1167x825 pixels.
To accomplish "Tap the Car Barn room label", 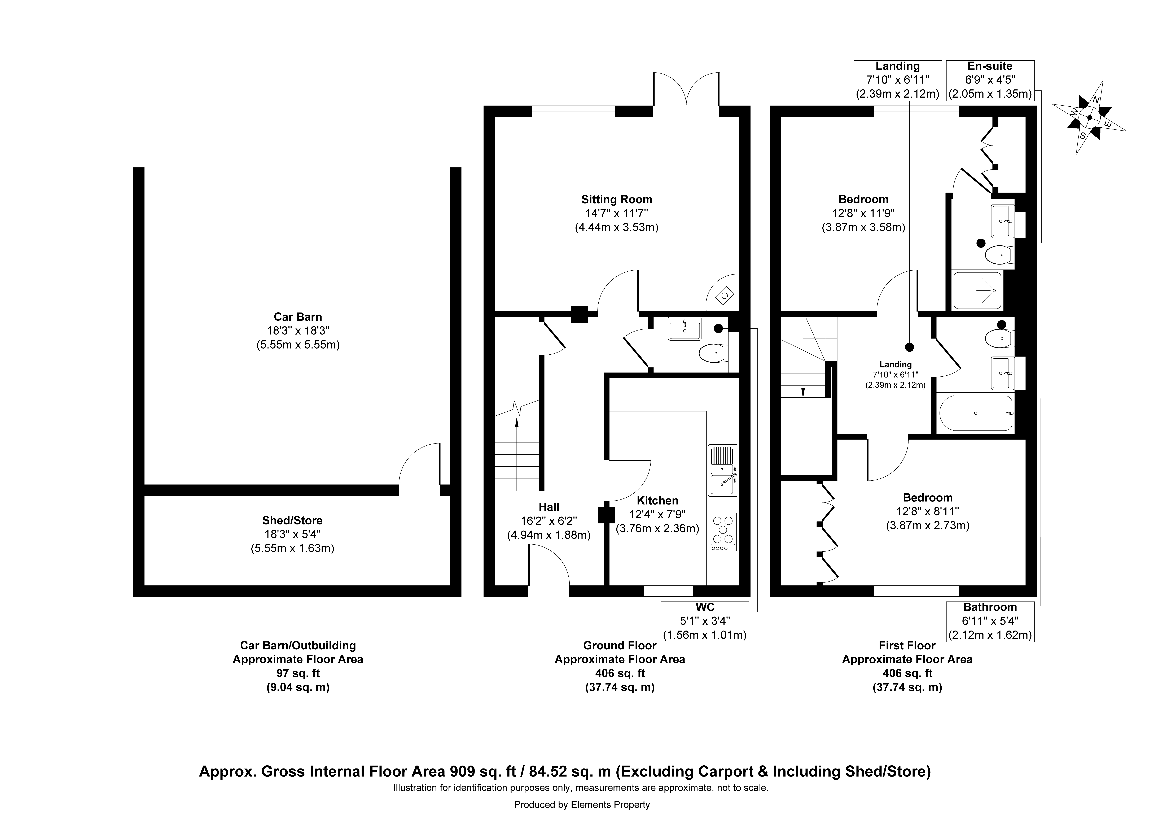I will tap(298, 317).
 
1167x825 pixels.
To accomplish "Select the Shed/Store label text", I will tap(292, 520).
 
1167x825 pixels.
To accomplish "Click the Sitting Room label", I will tap(617, 199).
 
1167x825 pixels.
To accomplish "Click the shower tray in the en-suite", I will tap(977, 290).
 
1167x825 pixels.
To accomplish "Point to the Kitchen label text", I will tap(657, 501).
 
